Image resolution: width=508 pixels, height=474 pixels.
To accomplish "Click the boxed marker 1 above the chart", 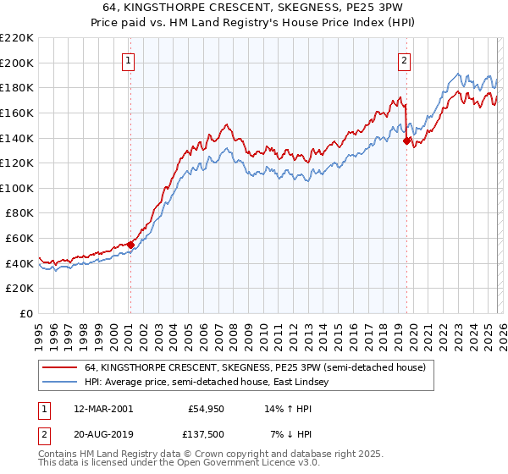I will click(128, 60).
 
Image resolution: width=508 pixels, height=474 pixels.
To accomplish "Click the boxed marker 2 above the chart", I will click(405, 60).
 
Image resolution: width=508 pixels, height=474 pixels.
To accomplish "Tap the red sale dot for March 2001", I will click(130, 245).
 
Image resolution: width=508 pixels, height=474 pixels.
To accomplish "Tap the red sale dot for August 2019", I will click(406, 141).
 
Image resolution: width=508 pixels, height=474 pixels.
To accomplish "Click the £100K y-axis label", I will click(17, 188).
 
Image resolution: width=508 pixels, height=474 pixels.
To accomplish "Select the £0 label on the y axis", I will click(27, 314).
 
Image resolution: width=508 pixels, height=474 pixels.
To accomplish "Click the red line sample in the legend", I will click(59, 368).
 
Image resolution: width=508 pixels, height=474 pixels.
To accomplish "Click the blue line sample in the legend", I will click(59, 383).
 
